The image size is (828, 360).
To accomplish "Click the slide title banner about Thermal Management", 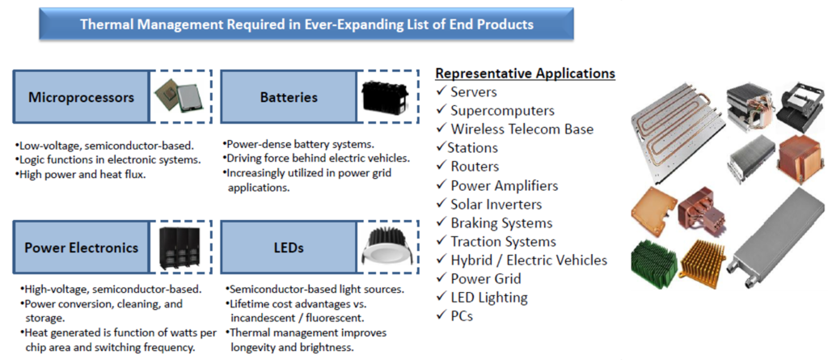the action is pyautogui.click(x=306, y=23).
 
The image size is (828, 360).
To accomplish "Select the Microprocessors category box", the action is pyautogui.click(x=81, y=97).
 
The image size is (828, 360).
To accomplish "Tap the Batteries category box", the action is pyautogui.click(x=289, y=97).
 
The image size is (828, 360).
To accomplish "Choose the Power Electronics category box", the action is pyautogui.click(x=81, y=248).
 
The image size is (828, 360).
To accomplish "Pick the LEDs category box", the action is pyautogui.click(x=289, y=248).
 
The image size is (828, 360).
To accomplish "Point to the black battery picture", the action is pyautogui.click(x=385, y=98).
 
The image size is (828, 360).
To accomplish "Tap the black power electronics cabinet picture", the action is pyautogui.click(x=179, y=248).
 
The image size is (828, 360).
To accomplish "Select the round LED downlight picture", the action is pyautogui.click(x=387, y=248).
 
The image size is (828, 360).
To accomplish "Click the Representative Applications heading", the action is pyautogui.click(x=526, y=74).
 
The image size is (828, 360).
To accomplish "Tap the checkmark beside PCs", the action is pyautogui.click(x=441, y=316).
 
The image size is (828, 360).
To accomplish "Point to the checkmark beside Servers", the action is pyautogui.click(x=441, y=92).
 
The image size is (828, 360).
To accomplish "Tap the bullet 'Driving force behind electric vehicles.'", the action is pyautogui.click(x=316, y=158).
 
